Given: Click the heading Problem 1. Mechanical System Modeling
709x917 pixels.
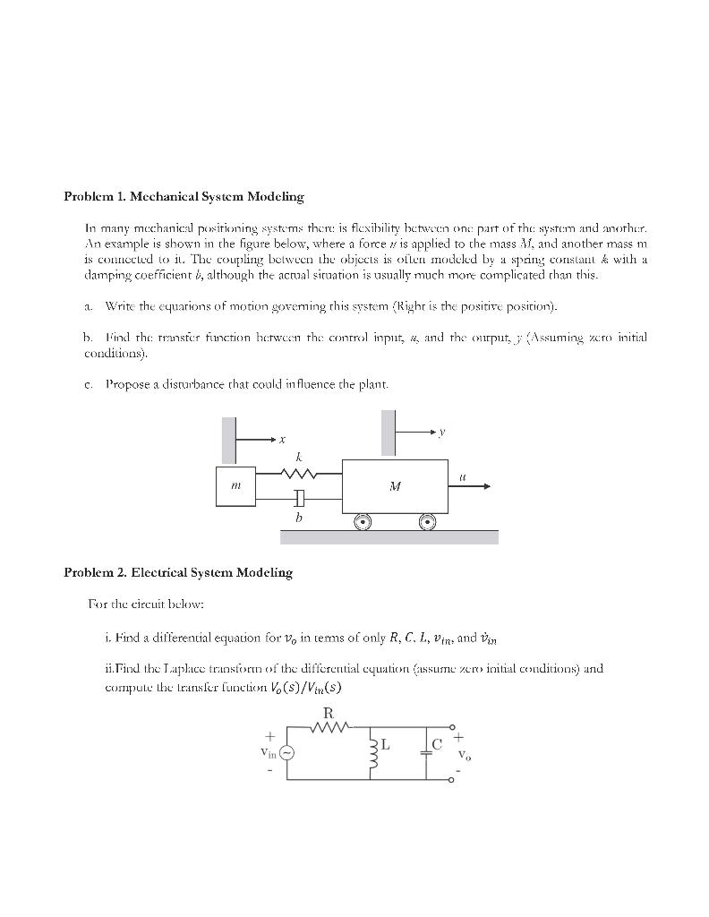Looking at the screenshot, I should click(x=184, y=196).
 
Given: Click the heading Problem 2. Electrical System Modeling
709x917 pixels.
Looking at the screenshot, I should click(x=178, y=572).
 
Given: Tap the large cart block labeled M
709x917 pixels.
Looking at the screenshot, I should click(x=395, y=486).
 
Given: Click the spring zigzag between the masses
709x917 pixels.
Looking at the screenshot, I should click(x=297, y=474).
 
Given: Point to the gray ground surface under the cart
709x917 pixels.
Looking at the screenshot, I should click(x=389, y=536).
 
